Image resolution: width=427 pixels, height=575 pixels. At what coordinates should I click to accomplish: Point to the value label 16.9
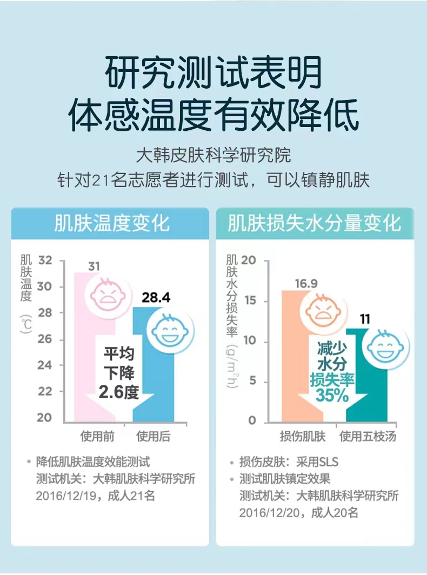(x=306, y=284)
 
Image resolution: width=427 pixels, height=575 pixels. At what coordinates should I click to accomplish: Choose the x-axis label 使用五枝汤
(x=368, y=436)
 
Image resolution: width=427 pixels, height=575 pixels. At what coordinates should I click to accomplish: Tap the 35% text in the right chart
(x=332, y=396)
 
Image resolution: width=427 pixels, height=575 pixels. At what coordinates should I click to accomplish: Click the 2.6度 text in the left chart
(x=119, y=391)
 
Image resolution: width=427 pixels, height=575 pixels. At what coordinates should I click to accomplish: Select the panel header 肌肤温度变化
(x=112, y=223)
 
